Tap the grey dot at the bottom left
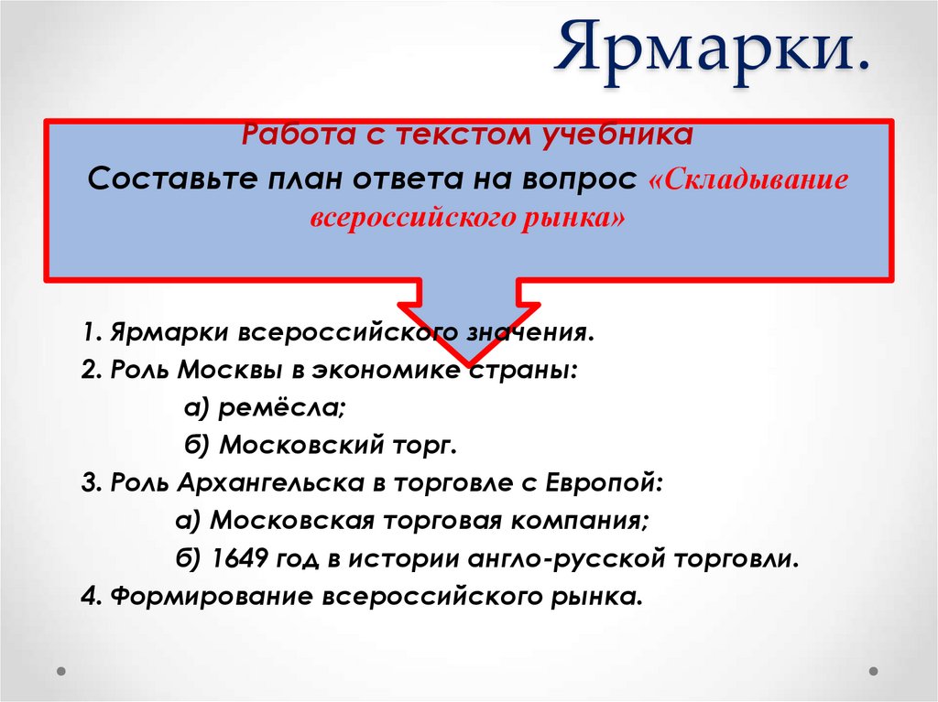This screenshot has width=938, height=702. click(61, 670)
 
